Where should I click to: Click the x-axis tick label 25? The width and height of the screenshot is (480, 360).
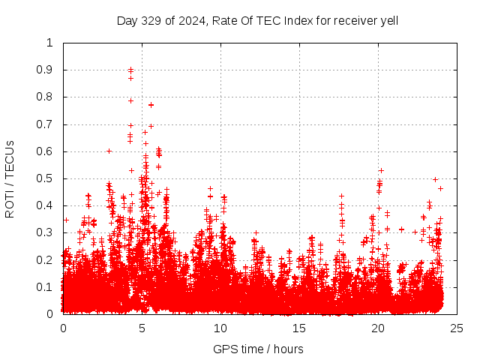pos(457,328)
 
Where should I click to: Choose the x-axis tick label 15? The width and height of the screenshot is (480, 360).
pos(299,328)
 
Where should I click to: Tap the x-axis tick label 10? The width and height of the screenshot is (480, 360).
pos(220,328)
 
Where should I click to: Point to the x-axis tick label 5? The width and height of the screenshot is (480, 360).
pos(142,328)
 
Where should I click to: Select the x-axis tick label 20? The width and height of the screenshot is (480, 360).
pos(378,328)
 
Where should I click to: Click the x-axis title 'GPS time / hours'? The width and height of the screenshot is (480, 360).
pos(258,349)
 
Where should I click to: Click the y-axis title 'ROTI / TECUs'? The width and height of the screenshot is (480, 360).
pos(10,178)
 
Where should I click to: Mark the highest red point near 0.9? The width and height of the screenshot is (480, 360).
pos(131,70)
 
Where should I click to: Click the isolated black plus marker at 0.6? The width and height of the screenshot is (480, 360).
pos(109,151)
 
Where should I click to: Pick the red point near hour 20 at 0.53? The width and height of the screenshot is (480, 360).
pos(381,170)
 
